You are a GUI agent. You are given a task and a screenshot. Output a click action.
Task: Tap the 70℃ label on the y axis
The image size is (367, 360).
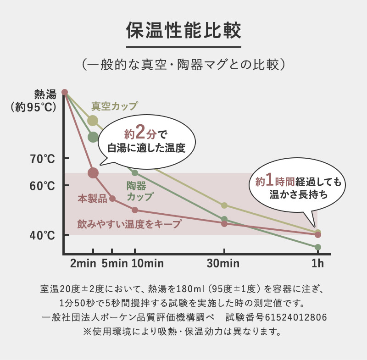point(43,159)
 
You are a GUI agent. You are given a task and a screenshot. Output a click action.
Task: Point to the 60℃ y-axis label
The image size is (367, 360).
point(43,186)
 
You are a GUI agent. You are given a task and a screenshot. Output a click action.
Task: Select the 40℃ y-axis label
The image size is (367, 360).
point(43,236)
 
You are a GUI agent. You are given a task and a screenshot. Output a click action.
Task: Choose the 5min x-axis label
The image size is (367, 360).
point(114,264)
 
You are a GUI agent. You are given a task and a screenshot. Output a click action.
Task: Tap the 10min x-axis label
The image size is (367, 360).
point(147,264)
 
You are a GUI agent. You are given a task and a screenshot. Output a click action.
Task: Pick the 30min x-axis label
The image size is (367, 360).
point(224,264)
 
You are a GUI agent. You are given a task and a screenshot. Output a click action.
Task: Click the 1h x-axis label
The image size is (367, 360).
point(317,264)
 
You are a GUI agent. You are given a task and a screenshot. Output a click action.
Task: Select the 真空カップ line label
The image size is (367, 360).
point(114,106)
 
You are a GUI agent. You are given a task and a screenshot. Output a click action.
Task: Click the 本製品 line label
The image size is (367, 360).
point(92,199)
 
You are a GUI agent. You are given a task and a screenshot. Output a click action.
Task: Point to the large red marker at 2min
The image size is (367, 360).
point(93,173)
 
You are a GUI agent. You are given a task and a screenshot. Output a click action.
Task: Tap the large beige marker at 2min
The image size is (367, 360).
point(93,121)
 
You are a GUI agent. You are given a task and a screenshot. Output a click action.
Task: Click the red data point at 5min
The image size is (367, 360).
point(112,199)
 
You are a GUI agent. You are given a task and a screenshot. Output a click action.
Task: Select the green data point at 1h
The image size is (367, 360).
point(318,247)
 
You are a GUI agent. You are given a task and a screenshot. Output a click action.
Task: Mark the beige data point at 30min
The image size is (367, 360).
point(224,205)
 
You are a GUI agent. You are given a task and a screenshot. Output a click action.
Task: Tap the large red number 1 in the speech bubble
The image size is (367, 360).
point(271,179)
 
